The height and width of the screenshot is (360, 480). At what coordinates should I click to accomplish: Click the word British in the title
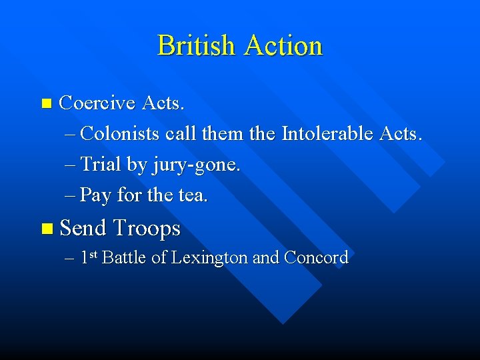197,46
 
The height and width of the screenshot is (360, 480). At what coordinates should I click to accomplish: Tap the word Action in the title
283,46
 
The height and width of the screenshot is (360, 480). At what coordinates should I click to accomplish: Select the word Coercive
97,103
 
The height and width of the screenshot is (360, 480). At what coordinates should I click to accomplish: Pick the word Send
83,229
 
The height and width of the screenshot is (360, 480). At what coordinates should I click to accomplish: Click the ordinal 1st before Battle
89,257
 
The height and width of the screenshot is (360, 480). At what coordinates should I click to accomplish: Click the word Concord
316,258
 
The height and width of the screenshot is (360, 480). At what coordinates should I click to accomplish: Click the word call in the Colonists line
180,134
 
